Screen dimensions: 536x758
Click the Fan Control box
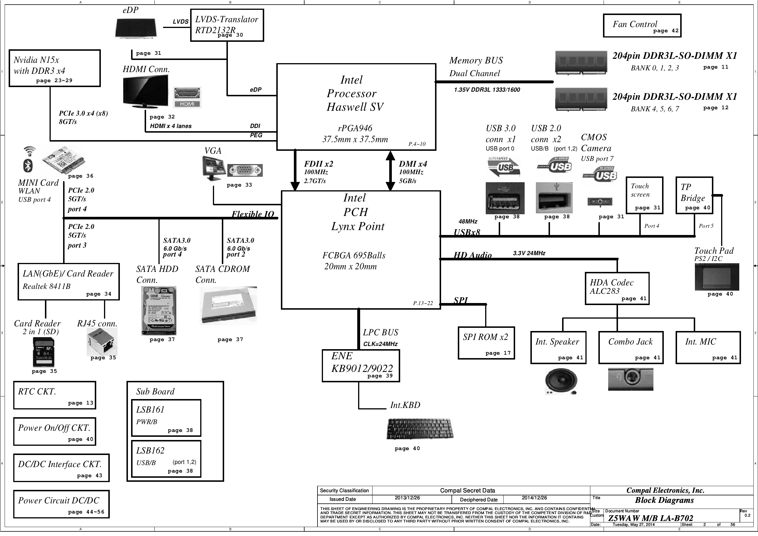642,25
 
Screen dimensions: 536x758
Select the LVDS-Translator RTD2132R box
227,25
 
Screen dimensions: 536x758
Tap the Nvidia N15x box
54,68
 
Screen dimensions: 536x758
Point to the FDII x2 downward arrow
295,170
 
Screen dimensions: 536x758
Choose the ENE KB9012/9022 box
361,366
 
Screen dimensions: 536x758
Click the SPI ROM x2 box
486,343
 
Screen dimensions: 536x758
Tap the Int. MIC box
708,348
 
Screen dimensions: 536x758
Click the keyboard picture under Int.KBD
420,429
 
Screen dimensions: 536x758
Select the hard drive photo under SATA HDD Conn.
159,311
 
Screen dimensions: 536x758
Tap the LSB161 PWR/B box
166,418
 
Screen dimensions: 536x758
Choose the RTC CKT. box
54,395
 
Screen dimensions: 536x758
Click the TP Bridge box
694,195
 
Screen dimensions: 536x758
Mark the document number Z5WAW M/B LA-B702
650,518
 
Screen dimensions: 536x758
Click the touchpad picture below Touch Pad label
717,277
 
